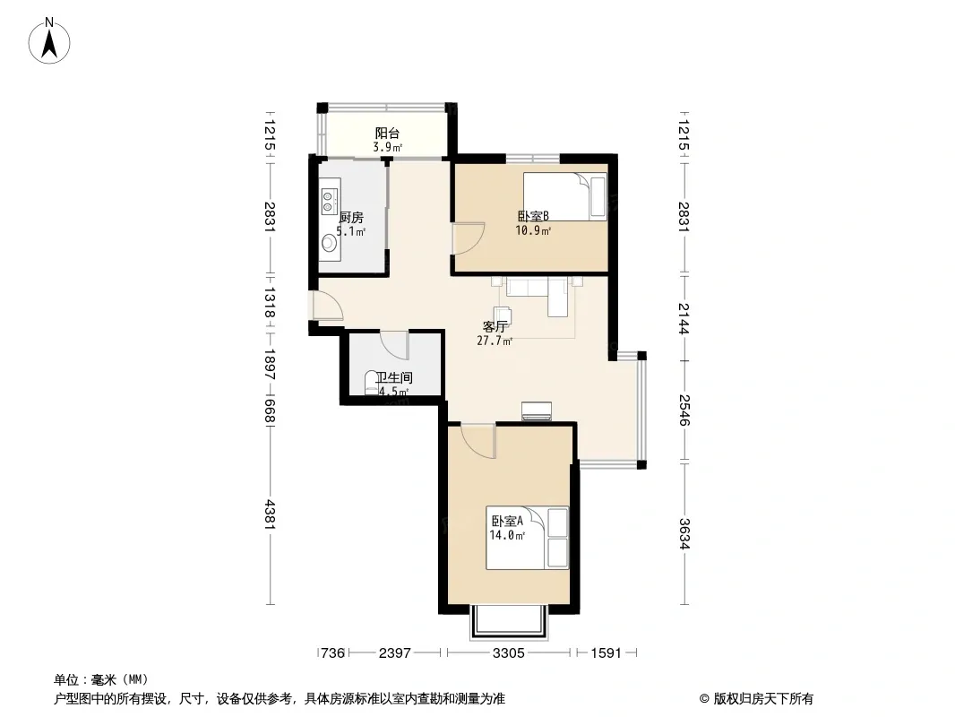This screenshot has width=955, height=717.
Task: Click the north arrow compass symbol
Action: [x=49, y=41]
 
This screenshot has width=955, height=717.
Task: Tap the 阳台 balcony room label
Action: [x=387, y=133]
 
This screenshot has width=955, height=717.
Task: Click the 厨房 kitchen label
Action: [x=351, y=218]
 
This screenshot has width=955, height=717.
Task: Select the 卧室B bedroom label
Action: [x=534, y=216]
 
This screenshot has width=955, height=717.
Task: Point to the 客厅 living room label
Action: [x=495, y=326]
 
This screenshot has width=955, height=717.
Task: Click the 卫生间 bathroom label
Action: [x=394, y=377]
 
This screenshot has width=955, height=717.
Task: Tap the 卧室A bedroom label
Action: [x=507, y=522]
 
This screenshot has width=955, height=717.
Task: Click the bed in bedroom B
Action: [x=564, y=196]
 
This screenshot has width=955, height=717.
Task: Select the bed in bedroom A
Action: [x=527, y=538]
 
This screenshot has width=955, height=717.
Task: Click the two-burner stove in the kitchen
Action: [x=330, y=201]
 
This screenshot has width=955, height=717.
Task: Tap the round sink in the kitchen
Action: [x=330, y=243]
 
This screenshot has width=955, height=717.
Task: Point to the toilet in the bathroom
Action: [x=371, y=384]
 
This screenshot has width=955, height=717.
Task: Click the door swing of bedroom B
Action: [x=468, y=238]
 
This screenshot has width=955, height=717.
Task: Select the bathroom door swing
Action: [x=394, y=345]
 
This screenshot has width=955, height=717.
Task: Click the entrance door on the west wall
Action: [x=327, y=306]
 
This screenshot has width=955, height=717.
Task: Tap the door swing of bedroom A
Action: [x=478, y=442]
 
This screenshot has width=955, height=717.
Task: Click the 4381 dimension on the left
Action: [x=271, y=514]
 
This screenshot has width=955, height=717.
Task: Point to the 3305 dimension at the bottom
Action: [x=509, y=653]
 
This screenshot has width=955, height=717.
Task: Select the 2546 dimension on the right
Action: [x=684, y=410]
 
